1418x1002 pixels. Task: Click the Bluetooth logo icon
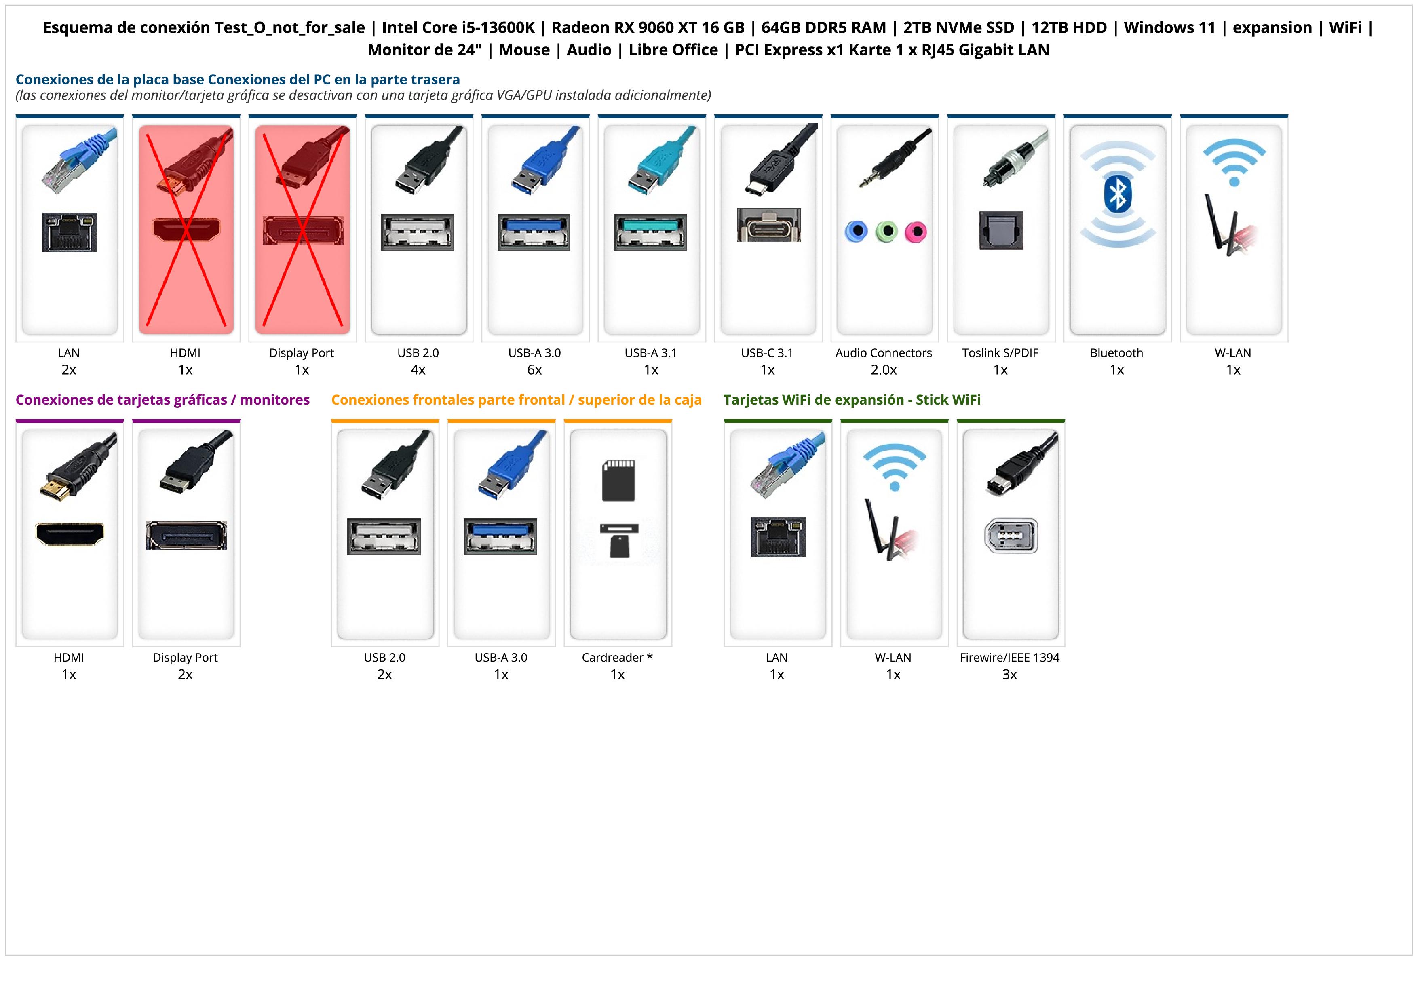click(x=1117, y=193)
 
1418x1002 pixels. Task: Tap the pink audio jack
click(x=916, y=232)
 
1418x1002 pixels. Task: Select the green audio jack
click(x=886, y=232)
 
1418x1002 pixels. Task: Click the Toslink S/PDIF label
click(x=1000, y=353)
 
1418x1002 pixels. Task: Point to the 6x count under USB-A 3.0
click(x=534, y=370)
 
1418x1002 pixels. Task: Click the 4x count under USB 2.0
click(x=418, y=370)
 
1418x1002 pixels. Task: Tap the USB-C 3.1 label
click(x=767, y=353)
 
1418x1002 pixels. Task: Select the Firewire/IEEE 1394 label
click(x=1009, y=658)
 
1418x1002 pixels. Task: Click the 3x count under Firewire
click(x=1009, y=675)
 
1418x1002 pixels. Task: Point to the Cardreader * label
click(x=617, y=658)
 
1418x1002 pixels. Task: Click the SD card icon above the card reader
click(x=618, y=480)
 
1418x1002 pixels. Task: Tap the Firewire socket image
click(x=1011, y=536)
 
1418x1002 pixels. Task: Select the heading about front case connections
click(x=516, y=400)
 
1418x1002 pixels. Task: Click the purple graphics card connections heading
click(x=162, y=400)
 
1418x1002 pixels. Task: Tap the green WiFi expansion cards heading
click(x=852, y=400)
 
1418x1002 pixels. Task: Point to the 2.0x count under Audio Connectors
click(x=884, y=370)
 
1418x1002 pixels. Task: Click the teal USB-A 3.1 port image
click(x=650, y=232)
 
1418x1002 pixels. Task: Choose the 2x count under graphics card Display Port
click(x=185, y=675)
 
